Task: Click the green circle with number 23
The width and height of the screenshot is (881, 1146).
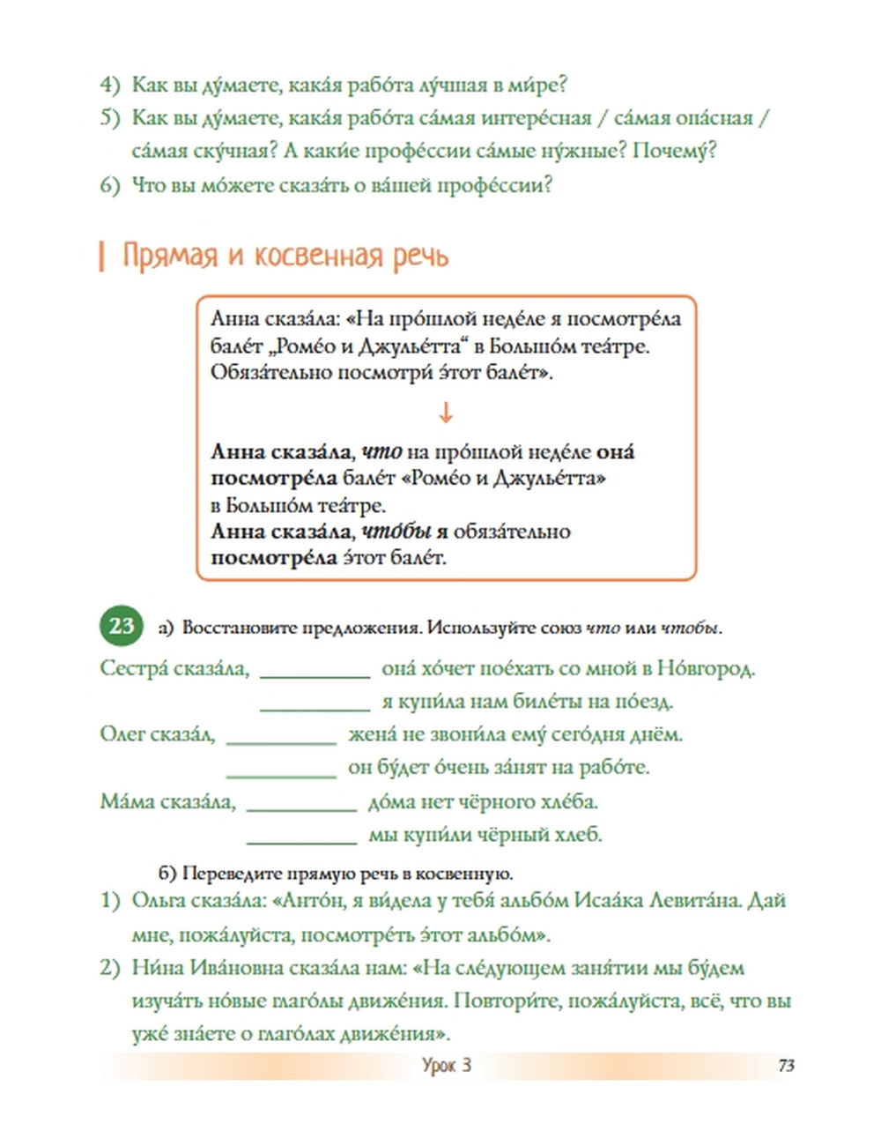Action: (122, 626)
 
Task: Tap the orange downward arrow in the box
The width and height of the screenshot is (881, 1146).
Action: (446, 412)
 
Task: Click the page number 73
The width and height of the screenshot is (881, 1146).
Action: (786, 1065)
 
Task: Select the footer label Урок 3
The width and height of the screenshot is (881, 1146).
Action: (447, 1065)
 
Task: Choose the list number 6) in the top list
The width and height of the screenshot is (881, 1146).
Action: (109, 185)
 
